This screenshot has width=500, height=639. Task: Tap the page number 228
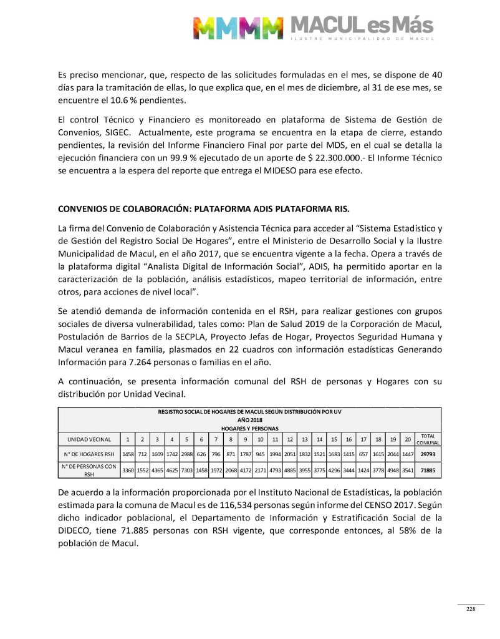[x=471, y=609]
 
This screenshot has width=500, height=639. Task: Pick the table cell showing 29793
[x=428, y=454]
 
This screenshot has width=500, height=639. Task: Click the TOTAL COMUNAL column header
[x=428, y=439]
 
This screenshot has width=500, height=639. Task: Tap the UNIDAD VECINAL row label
[x=85, y=439]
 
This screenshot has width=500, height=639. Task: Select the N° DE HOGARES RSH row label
[x=87, y=454]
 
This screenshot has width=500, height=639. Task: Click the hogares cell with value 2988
[x=186, y=454]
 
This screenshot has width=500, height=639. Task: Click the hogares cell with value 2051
[x=289, y=454]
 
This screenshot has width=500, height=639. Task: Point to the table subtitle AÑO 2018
[x=249, y=421]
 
